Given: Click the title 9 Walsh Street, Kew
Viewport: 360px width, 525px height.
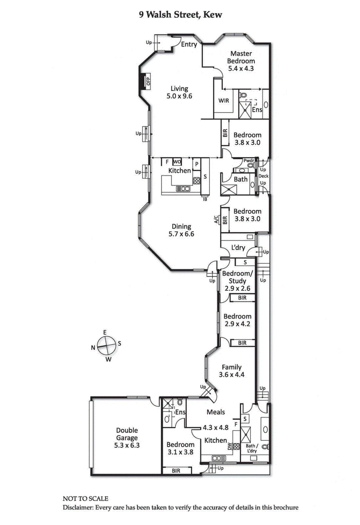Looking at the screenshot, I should (x=180, y=15).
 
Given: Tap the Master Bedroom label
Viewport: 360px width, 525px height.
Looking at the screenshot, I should (x=241, y=57).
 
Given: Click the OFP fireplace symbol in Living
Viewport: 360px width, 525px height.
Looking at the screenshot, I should (x=147, y=82).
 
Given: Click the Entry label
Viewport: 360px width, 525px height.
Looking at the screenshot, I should (x=189, y=44).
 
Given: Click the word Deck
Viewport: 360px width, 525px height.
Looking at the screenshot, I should (x=263, y=176).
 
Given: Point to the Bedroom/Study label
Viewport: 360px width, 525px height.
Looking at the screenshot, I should (x=238, y=277).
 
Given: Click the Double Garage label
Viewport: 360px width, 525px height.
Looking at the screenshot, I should (x=126, y=434).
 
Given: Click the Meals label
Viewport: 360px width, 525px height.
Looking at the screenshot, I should (x=216, y=412).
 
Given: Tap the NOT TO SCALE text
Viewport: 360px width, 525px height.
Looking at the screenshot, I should (x=85, y=499).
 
